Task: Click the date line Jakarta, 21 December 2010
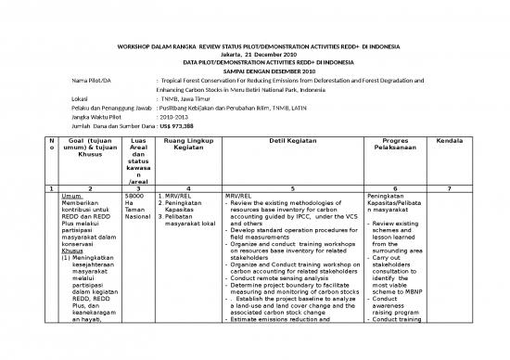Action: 254,55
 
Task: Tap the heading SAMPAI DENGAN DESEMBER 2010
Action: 254,71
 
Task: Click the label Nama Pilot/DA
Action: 92,81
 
